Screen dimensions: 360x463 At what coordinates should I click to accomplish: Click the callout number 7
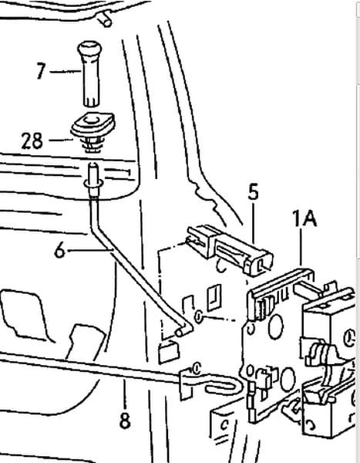[42, 70]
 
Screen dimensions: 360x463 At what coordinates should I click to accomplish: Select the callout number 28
[32, 140]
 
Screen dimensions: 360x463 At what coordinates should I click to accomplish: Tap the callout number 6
[60, 251]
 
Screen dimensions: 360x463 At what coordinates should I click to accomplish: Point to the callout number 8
[125, 421]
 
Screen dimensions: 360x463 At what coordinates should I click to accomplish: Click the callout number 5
[253, 191]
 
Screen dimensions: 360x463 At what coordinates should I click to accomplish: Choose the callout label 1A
[304, 218]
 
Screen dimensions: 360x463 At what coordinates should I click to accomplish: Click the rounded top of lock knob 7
[89, 48]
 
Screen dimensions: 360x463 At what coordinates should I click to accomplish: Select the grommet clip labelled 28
[93, 132]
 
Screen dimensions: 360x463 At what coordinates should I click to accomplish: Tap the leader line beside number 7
[66, 71]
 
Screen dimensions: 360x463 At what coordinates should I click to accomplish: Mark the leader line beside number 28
[61, 140]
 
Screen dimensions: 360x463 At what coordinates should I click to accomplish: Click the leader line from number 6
[90, 251]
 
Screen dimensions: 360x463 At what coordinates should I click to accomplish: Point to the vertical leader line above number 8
[125, 394]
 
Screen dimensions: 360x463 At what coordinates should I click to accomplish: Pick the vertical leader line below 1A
[301, 247]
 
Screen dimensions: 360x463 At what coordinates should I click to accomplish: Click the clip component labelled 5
[230, 249]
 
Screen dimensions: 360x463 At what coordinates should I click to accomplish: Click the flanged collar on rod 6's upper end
[93, 184]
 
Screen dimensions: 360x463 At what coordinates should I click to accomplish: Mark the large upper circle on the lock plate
[276, 326]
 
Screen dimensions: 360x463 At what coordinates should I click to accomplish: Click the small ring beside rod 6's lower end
[198, 317]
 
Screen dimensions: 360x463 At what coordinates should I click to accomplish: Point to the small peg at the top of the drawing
[106, 19]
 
